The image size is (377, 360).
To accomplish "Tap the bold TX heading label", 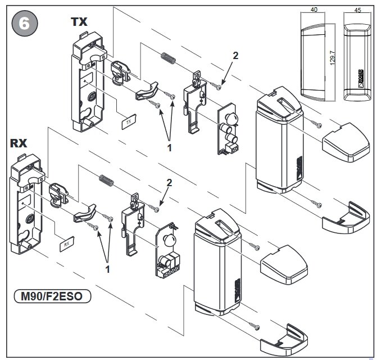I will [80, 21].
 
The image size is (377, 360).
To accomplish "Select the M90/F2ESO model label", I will [51, 294].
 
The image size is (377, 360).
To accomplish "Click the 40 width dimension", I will [314, 9].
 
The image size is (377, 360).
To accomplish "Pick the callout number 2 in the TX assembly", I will [235, 55].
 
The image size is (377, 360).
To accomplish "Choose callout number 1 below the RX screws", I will [107, 269].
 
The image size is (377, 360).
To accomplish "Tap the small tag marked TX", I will [129, 121].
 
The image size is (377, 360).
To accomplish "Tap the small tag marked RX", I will [66, 244].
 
